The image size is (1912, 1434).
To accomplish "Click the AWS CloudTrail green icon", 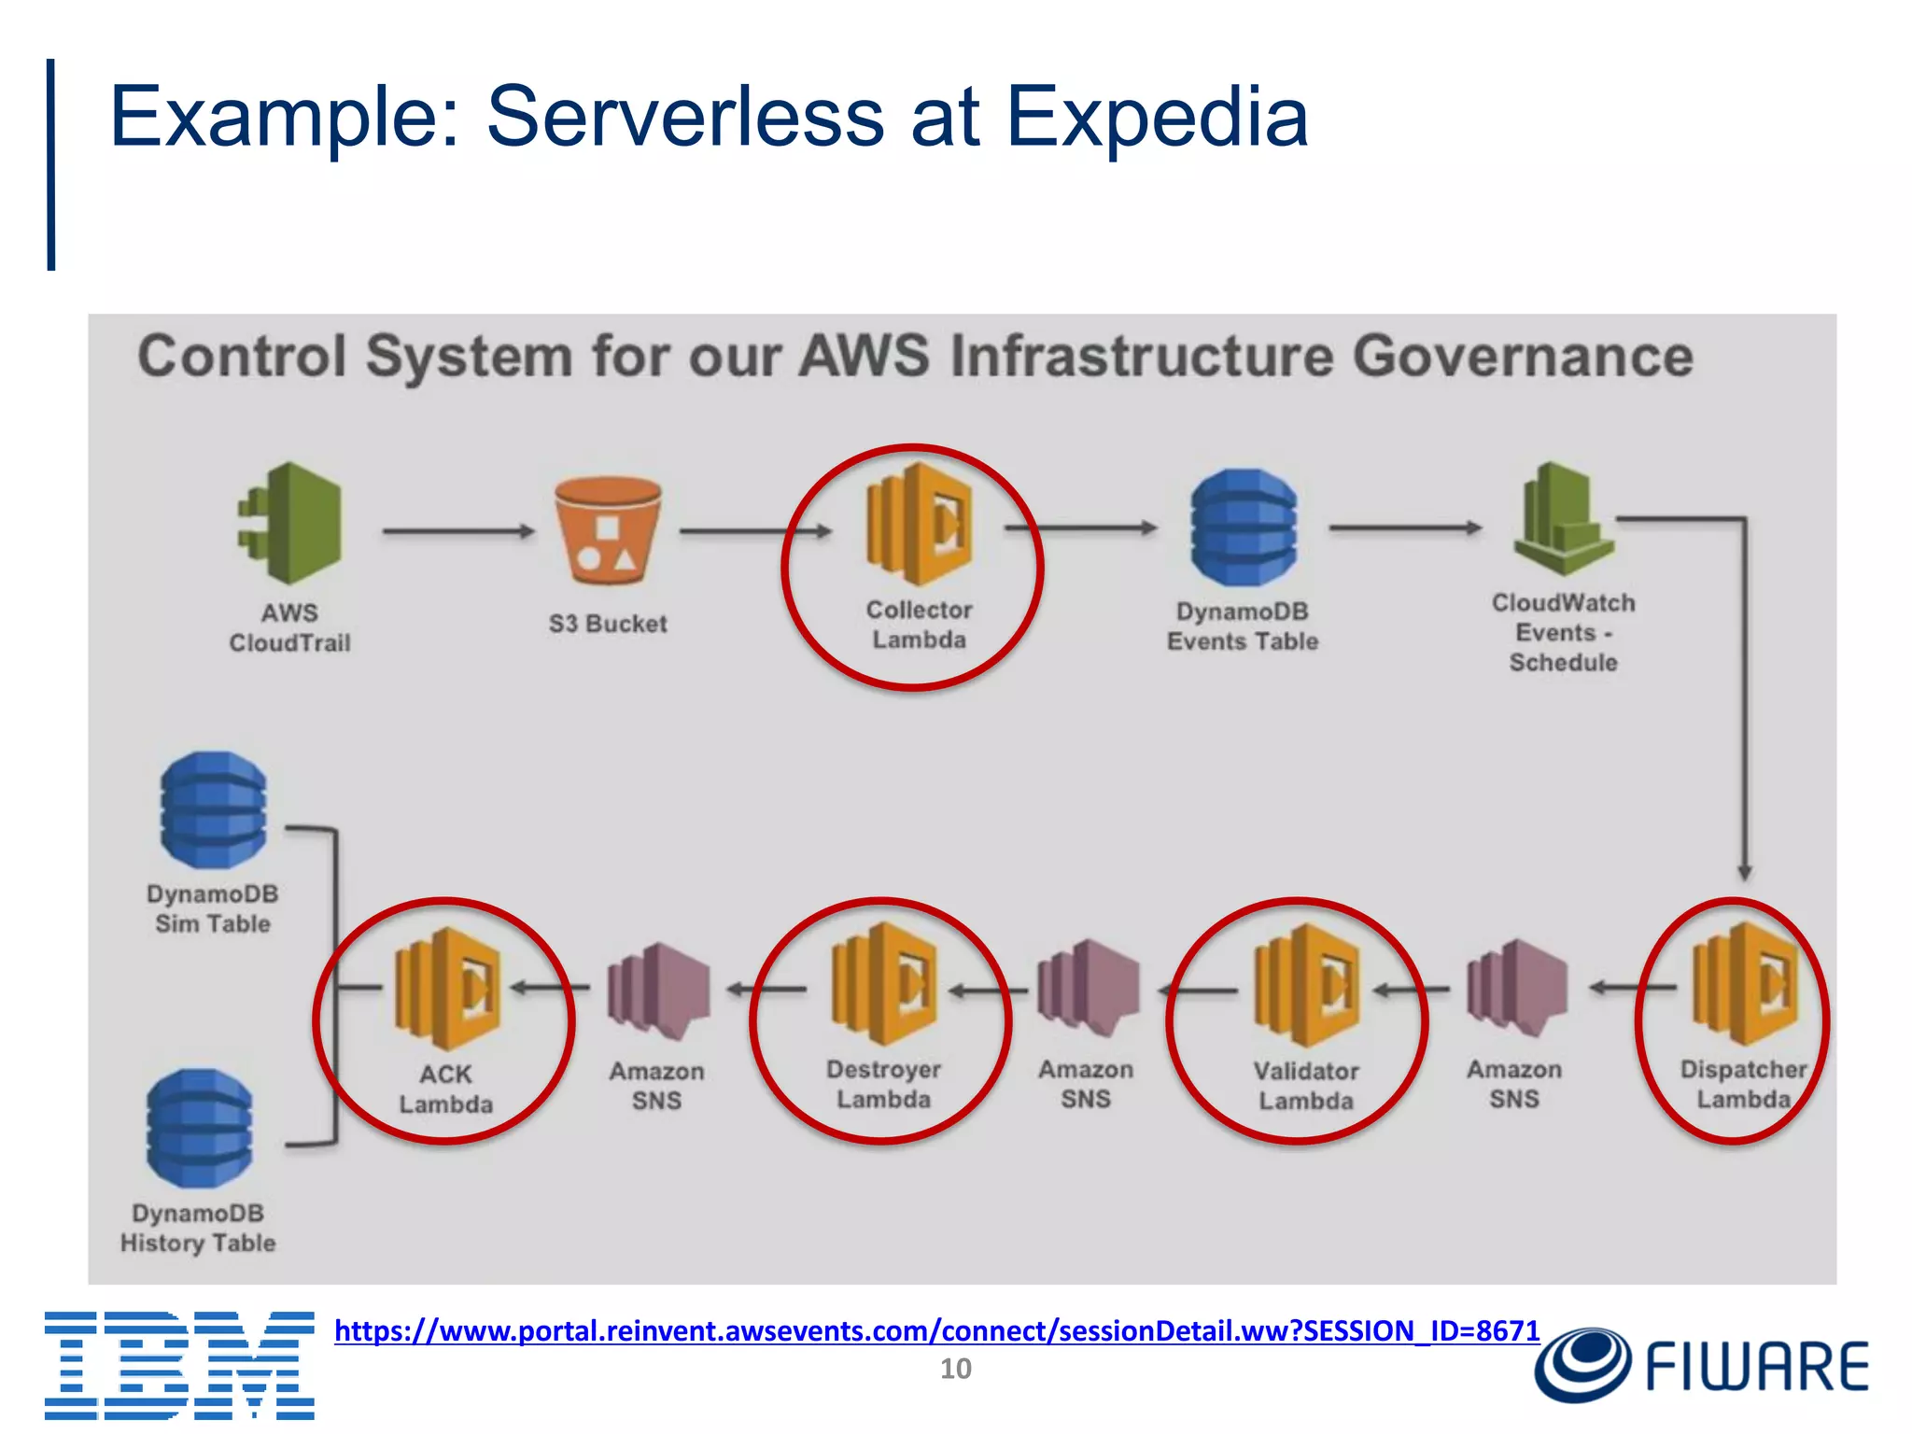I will (290, 524).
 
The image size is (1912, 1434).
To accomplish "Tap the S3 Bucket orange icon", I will (608, 530).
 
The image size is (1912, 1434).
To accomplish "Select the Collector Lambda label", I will (919, 625).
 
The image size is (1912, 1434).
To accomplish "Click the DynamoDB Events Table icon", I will (1244, 528).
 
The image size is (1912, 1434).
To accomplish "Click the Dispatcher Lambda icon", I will (1745, 984).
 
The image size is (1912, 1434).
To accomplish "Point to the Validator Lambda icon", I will (1307, 986).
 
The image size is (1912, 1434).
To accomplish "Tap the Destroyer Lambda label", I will (883, 1084).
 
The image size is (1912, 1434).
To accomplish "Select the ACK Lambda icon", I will (447, 989).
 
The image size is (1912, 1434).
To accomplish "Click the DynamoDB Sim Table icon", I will (214, 809).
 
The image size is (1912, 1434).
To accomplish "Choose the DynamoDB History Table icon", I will (200, 1128).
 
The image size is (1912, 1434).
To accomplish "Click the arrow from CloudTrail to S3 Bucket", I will (457, 531).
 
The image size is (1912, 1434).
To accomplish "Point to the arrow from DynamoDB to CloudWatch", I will (1405, 528).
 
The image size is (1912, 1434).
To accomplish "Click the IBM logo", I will (179, 1365).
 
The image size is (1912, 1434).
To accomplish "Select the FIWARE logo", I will (1701, 1366).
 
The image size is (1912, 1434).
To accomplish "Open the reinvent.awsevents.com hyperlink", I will (936, 1330).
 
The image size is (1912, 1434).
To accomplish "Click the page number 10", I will (955, 1369).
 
